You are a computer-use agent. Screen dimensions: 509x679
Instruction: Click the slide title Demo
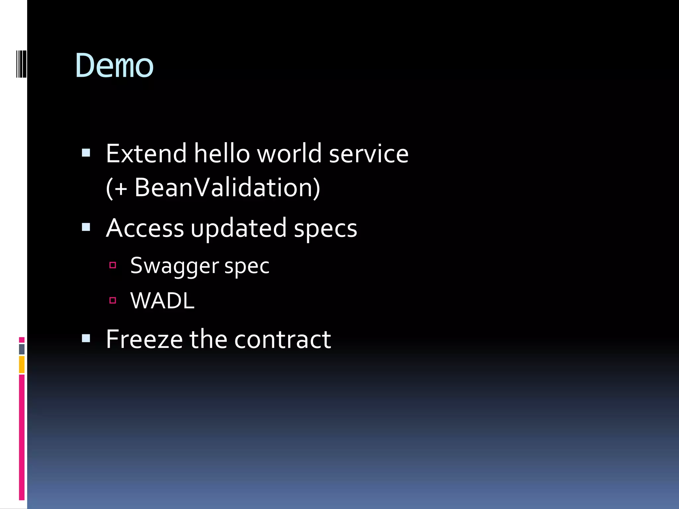pos(114,66)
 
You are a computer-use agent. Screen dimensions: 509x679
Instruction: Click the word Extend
pos(146,154)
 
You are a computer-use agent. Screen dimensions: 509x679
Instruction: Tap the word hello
pos(221,154)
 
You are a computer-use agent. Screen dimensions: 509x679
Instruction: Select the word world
pos(289,154)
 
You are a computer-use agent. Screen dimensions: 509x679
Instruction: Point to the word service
pos(368,154)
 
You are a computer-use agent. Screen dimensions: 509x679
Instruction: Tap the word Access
pos(145,228)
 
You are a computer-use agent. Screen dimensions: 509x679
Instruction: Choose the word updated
pos(238,228)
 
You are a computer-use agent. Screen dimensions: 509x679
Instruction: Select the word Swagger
pos(174,266)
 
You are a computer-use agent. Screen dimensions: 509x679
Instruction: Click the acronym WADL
pos(162,301)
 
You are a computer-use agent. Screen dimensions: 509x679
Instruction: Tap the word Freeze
pos(144,339)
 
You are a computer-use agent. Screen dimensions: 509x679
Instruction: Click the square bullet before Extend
pos(86,153)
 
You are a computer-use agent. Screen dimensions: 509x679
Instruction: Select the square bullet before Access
pos(86,227)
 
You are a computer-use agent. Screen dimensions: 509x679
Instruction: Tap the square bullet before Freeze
pos(86,338)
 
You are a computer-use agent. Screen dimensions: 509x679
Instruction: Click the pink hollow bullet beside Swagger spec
pos(113,265)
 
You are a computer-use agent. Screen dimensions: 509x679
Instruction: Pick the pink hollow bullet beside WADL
pos(113,301)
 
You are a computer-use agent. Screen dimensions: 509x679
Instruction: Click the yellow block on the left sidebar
pos(22,365)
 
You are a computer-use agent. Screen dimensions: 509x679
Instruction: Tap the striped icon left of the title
pos(21,64)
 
